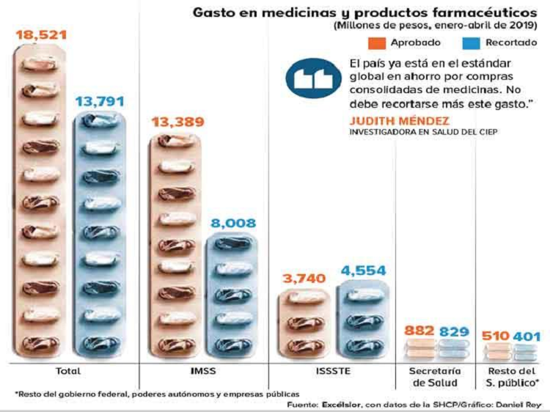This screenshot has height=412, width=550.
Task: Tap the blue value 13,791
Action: [101, 100]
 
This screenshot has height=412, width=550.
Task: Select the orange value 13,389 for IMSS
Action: [177, 122]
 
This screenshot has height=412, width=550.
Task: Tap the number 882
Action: [420, 331]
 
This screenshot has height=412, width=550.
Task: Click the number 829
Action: [454, 331]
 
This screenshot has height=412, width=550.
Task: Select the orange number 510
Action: [496, 336]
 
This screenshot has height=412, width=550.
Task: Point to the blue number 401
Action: [528, 336]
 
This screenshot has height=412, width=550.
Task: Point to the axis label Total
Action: [67, 371]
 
